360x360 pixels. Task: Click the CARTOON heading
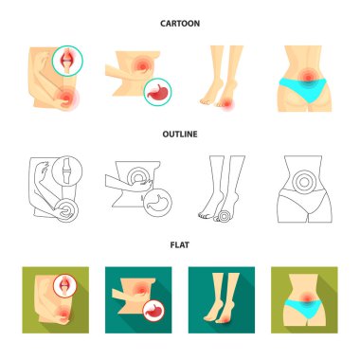(180, 24)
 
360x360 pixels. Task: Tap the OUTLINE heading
(180, 135)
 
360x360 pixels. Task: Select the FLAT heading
(180, 244)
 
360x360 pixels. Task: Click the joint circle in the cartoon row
(65, 61)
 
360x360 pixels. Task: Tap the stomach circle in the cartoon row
(157, 92)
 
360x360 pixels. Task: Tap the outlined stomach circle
(158, 204)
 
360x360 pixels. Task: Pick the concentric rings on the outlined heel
(225, 216)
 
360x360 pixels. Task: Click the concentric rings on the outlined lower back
(304, 182)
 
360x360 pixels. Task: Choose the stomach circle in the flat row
(153, 311)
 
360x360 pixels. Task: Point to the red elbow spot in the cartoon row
(68, 98)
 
